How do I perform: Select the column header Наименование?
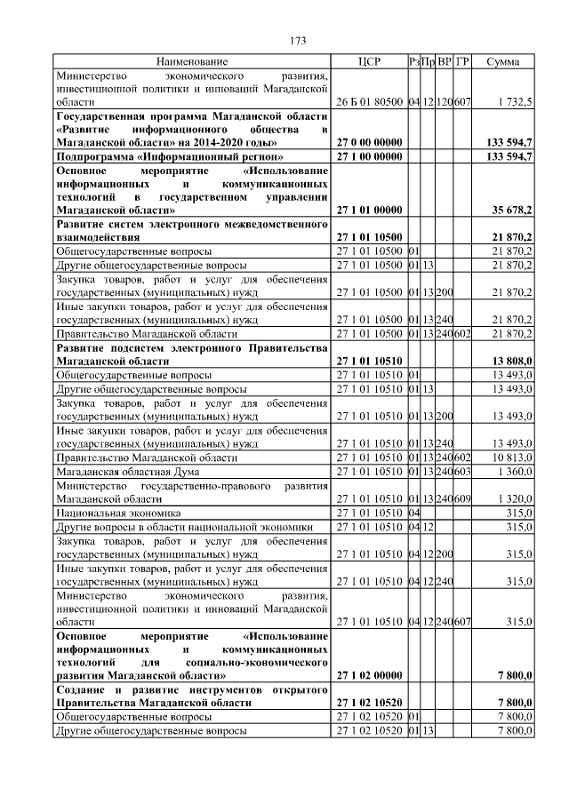pyautogui.click(x=192, y=62)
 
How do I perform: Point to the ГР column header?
pyautogui.click(x=462, y=62)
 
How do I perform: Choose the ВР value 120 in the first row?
pyautogui.click(x=445, y=102)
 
